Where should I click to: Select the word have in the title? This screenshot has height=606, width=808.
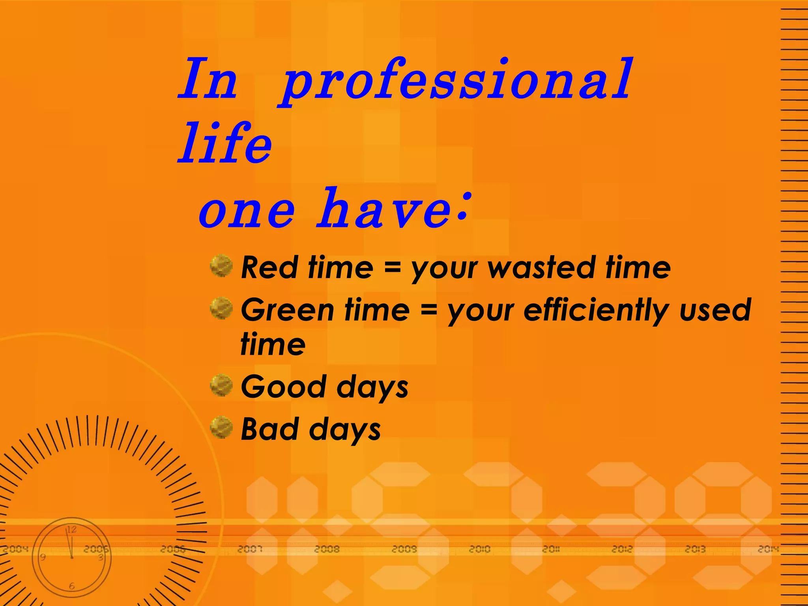pyautogui.click(x=385, y=209)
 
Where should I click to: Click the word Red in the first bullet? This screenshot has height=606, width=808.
pyautogui.click(x=269, y=267)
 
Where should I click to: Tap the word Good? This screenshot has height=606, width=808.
pyautogui.click(x=284, y=386)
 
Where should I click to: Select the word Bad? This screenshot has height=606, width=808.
pyautogui.click(x=269, y=429)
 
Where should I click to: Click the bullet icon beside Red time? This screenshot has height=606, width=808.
pyautogui.click(x=221, y=266)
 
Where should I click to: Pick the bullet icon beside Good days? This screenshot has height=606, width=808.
pyautogui.click(x=221, y=385)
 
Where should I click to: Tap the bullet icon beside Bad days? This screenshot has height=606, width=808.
pyautogui.click(x=221, y=427)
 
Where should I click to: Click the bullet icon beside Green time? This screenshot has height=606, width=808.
pyautogui.click(x=221, y=308)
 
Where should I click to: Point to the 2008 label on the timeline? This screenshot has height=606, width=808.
pyautogui.click(x=327, y=549)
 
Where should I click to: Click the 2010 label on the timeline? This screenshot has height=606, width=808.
pyautogui.click(x=479, y=549)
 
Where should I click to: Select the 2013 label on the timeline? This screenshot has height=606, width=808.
pyautogui.click(x=695, y=549)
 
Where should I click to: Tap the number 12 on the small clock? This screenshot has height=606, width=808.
pyautogui.click(x=71, y=529)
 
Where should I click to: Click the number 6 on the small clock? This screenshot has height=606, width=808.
pyautogui.click(x=71, y=586)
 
